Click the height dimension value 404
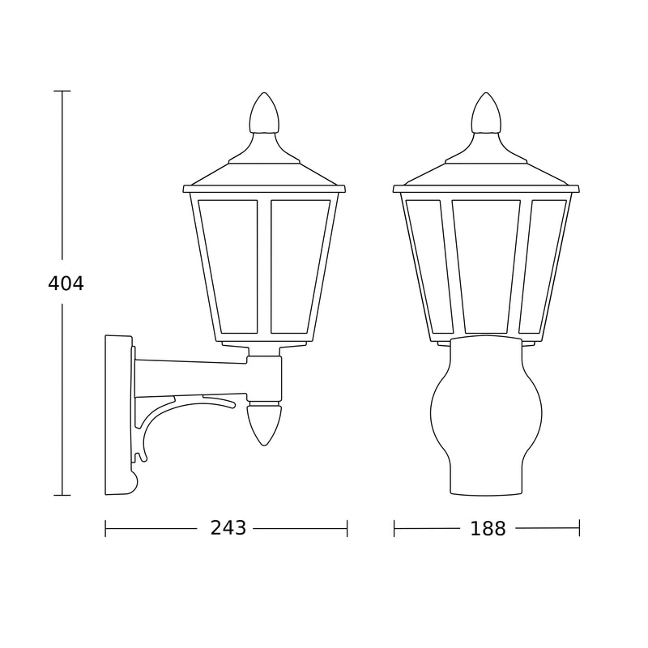[x=66, y=283]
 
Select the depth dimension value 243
[x=228, y=528]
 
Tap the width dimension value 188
[x=488, y=529]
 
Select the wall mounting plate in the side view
[x=119, y=415]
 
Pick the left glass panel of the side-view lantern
[x=231, y=266]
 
